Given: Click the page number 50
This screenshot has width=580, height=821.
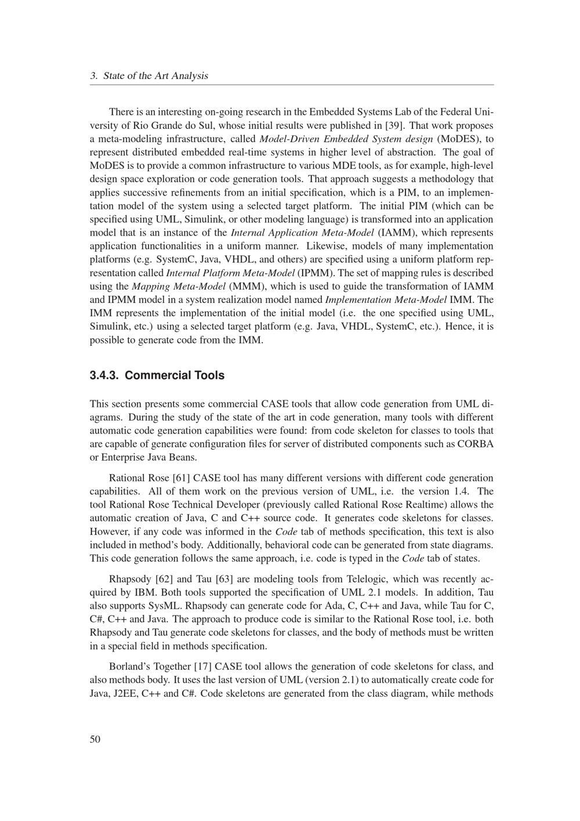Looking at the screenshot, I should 95,739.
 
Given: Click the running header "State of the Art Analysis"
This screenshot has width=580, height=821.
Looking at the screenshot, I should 155,76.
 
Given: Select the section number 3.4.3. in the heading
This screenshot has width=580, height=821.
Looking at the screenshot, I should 105,375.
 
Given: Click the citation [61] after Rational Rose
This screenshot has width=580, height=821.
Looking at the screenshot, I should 182,478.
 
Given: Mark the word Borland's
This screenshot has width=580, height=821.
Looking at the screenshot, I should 129,667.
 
